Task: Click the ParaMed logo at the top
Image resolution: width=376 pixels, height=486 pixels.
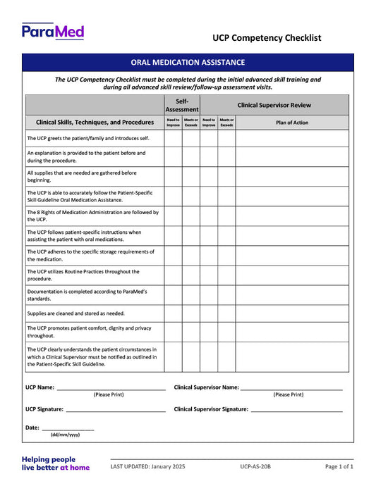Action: (x=53, y=31)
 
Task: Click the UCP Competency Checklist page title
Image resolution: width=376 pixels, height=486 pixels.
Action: (x=266, y=37)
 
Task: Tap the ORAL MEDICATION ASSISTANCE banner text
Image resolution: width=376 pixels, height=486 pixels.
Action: (x=188, y=62)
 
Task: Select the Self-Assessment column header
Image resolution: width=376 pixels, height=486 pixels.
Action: (x=182, y=105)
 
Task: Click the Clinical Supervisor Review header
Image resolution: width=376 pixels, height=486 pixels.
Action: (x=274, y=105)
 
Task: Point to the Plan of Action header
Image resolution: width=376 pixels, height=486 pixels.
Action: (x=291, y=122)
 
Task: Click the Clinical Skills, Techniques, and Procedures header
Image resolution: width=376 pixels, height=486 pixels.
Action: (x=95, y=122)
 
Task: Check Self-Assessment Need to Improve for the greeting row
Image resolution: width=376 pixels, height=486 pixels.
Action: (x=174, y=138)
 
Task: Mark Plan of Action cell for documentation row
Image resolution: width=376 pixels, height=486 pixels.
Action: (x=291, y=294)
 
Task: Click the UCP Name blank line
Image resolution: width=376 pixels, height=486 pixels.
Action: (x=111, y=388)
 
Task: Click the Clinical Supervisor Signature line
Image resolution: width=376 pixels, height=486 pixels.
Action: (x=296, y=409)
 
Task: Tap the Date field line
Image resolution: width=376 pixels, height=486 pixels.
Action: (x=68, y=428)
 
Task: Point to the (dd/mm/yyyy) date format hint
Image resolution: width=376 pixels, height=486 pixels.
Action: (x=65, y=435)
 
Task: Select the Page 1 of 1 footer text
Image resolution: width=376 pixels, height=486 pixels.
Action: (x=339, y=466)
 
